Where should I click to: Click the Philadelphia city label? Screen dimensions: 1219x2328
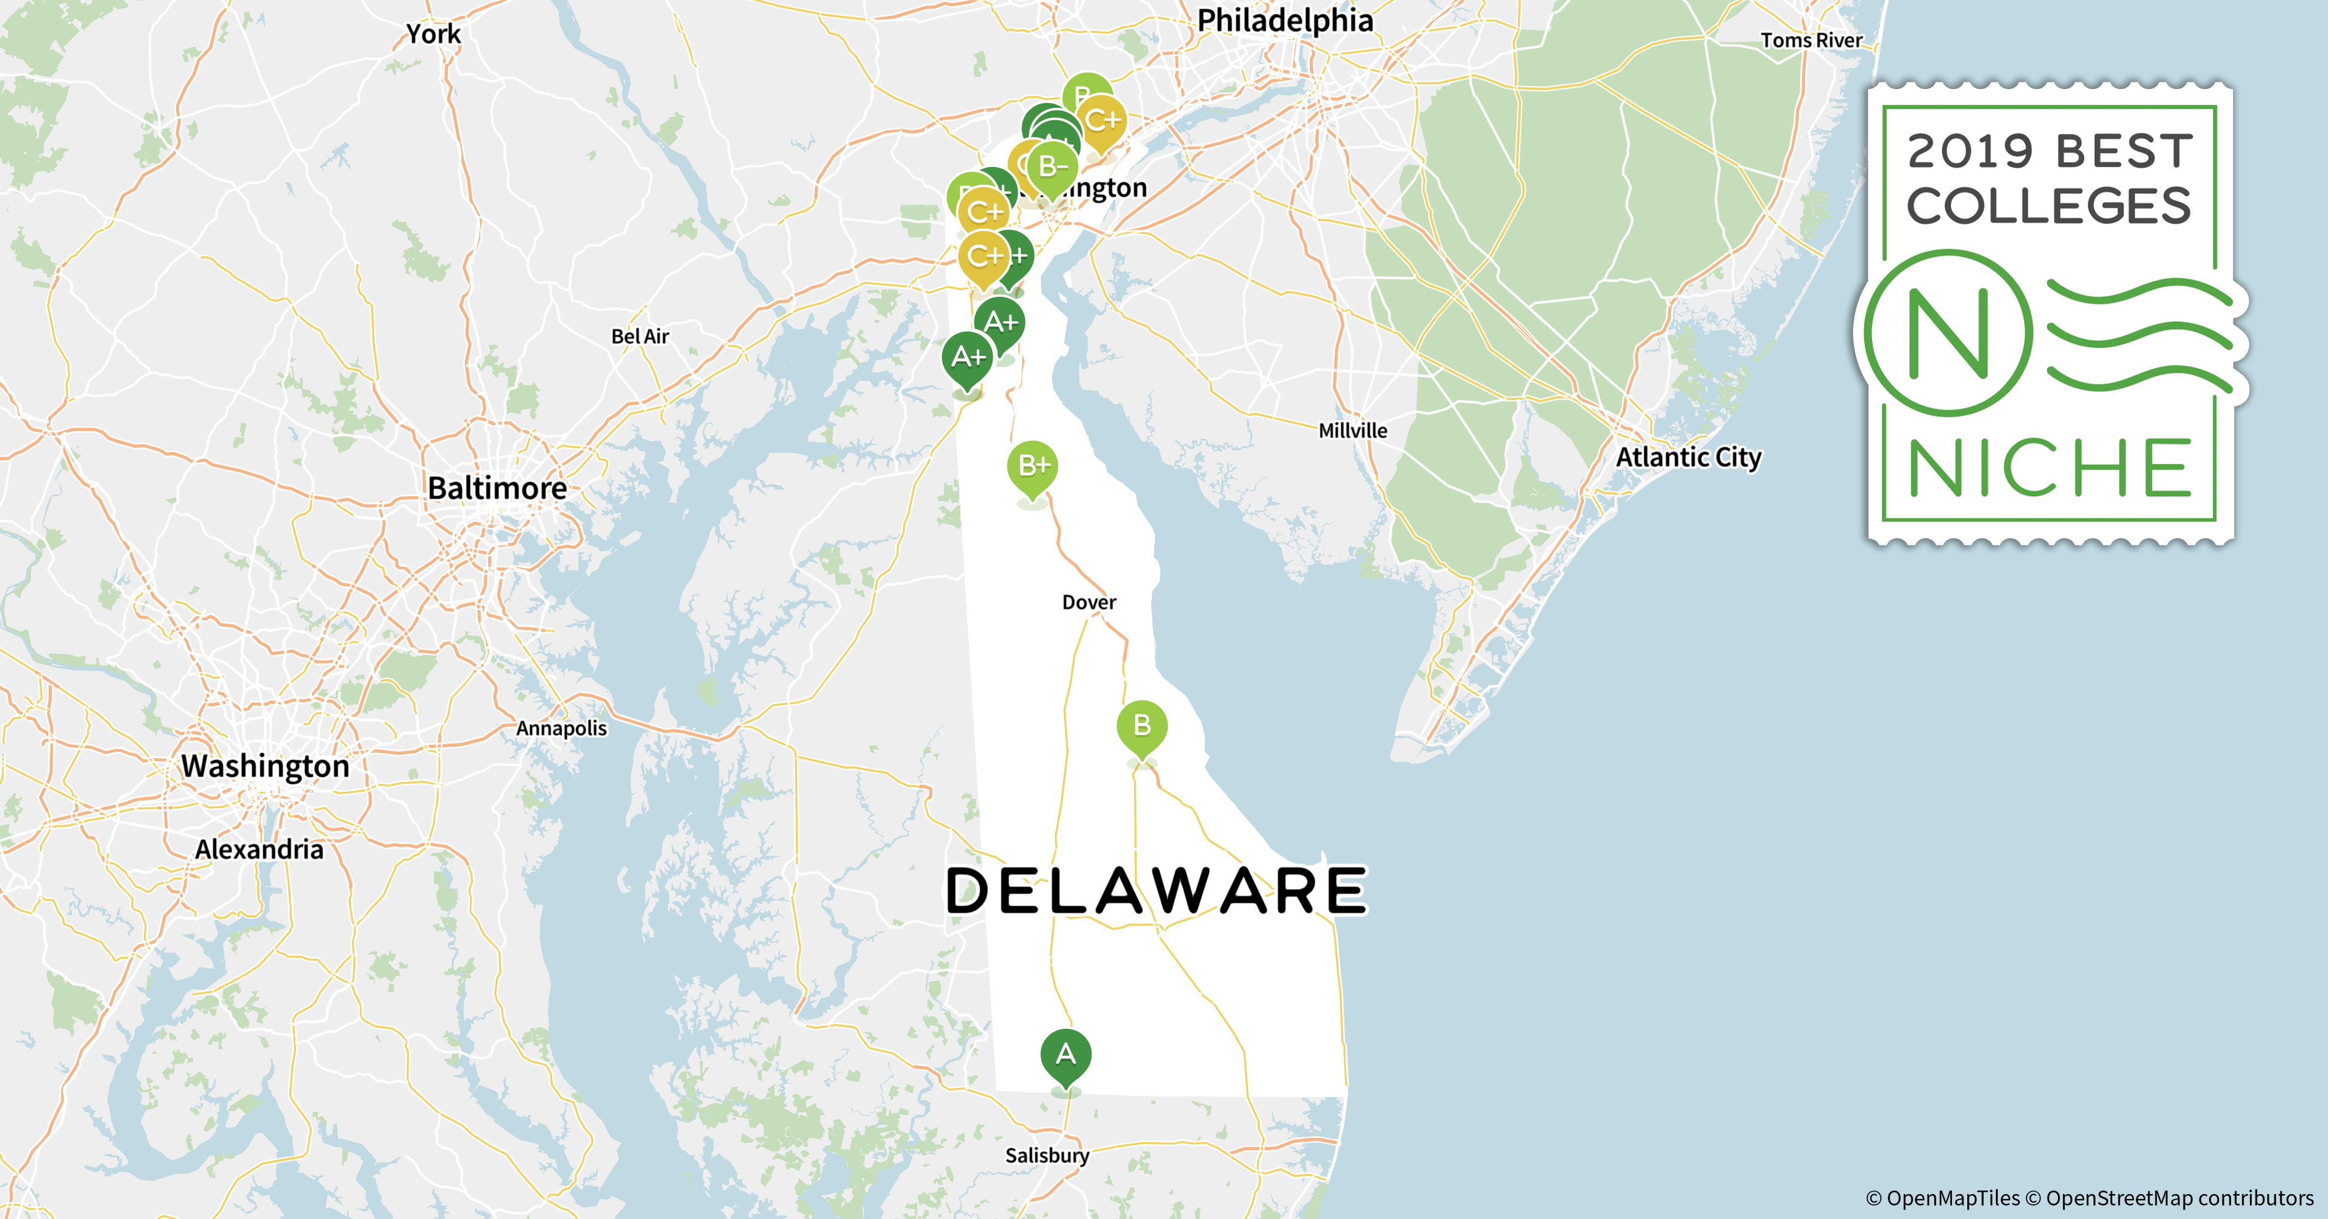[x=1284, y=21]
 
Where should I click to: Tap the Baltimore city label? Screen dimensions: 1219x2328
[x=497, y=488]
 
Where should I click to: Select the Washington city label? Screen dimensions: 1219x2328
[x=264, y=766]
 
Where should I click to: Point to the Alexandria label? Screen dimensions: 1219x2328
[x=260, y=850]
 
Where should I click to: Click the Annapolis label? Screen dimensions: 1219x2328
[x=561, y=728]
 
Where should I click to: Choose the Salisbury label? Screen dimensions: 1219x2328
[x=1046, y=1156]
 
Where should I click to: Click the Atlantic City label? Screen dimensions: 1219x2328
[x=1688, y=457]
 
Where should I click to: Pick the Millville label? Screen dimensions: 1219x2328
[x=1352, y=431]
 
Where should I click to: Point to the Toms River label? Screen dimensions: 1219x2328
[x=1811, y=41]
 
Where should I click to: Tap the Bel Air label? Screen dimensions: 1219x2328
[x=640, y=337]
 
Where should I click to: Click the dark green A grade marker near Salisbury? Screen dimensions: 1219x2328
[x=1065, y=1054]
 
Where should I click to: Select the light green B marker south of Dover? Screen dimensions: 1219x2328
[x=1141, y=726]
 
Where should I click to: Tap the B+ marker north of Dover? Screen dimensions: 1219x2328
[x=1032, y=466]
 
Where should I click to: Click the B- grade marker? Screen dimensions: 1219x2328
[x=1052, y=167]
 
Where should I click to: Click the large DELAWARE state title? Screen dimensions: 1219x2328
[x=1156, y=891]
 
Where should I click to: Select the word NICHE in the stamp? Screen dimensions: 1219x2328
[x=2049, y=468]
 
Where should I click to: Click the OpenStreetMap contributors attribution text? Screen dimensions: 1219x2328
[x=2179, y=1198]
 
